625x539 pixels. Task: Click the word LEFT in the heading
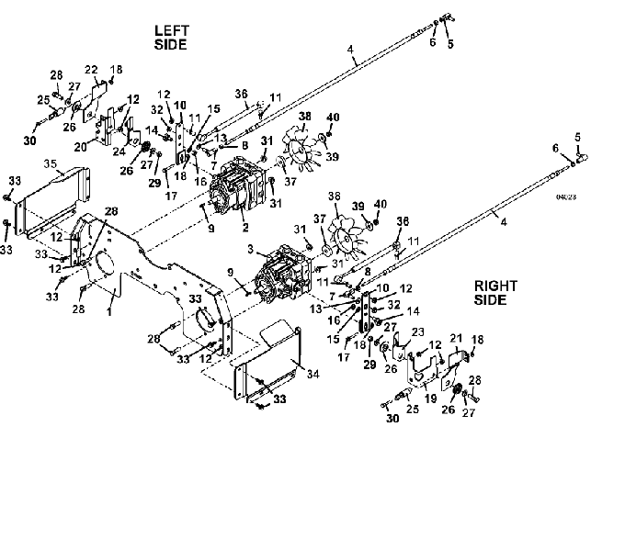(171, 30)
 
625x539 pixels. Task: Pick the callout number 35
(51, 166)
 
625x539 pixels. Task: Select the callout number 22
(91, 70)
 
